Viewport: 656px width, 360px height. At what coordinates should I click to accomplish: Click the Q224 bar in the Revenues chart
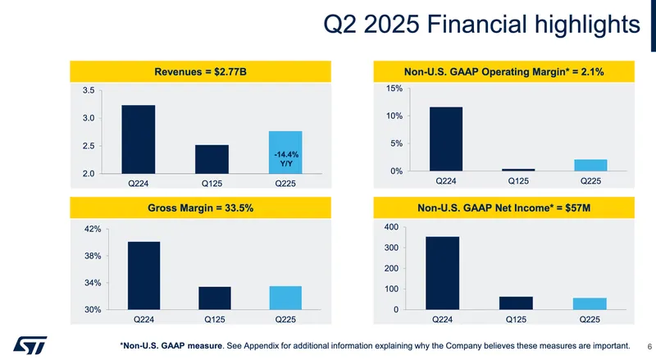point(138,139)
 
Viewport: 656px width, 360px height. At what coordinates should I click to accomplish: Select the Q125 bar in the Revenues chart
point(212,159)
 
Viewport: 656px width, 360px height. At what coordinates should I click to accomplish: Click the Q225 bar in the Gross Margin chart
point(286,298)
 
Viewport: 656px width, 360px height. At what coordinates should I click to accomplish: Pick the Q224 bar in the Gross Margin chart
point(144,276)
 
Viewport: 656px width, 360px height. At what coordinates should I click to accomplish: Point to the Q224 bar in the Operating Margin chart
point(445,139)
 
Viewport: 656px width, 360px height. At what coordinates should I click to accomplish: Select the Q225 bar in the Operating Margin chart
point(590,165)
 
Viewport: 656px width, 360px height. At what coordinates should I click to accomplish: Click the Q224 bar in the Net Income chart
point(442,273)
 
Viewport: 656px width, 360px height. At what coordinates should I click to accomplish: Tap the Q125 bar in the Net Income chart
point(517,303)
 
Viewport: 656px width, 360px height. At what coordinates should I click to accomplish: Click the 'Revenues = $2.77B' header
point(201,72)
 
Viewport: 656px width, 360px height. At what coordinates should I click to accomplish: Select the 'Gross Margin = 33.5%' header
point(201,209)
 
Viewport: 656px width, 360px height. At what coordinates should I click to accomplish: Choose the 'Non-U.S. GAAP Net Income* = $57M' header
point(504,209)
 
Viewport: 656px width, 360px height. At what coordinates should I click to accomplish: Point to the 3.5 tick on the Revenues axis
point(89,90)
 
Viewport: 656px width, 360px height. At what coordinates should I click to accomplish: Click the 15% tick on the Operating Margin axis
point(394,89)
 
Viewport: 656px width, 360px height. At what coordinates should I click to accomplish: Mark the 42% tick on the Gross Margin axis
point(92,230)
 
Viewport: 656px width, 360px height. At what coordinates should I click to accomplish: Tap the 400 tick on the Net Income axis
point(391,227)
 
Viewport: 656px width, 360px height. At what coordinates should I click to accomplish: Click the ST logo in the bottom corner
point(31,345)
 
